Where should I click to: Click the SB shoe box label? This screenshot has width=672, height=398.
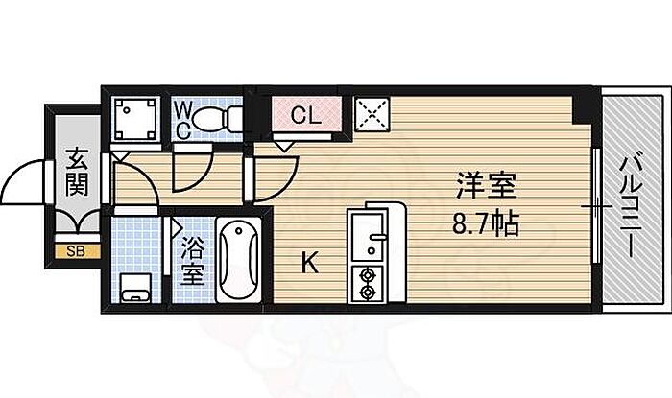pyautogui.click(x=76, y=251)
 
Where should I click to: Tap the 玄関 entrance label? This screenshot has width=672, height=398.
pyautogui.click(x=77, y=172)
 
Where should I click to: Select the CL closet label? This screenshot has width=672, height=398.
pyautogui.click(x=306, y=115)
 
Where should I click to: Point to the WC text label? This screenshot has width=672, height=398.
pyautogui.click(x=183, y=121)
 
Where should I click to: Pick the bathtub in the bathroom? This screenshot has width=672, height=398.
pyautogui.click(x=239, y=260)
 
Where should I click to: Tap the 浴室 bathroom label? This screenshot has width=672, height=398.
pyautogui.click(x=192, y=261)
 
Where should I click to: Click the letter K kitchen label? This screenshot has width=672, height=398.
pyautogui.click(x=309, y=263)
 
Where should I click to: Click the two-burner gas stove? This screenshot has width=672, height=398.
pyautogui.click(x=368, y=284)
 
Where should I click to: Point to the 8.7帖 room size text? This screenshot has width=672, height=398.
pyautogui.click(x=486, y=222)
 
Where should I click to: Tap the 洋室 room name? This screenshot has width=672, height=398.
pyautogui.click(x=486, y=185)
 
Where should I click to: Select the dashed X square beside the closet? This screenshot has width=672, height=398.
pyautogui.click(x=372, y=114)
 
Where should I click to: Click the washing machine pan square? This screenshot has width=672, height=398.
pyautogui.click(x=135, y=119)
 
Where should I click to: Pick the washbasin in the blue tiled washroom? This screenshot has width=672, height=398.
pyautogui.click(x=135, y=288)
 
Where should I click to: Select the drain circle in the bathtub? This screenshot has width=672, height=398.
pyautogui.click(x=239, y=231)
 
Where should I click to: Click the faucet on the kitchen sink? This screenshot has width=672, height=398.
pyautogui.click(x=377, y=236)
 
